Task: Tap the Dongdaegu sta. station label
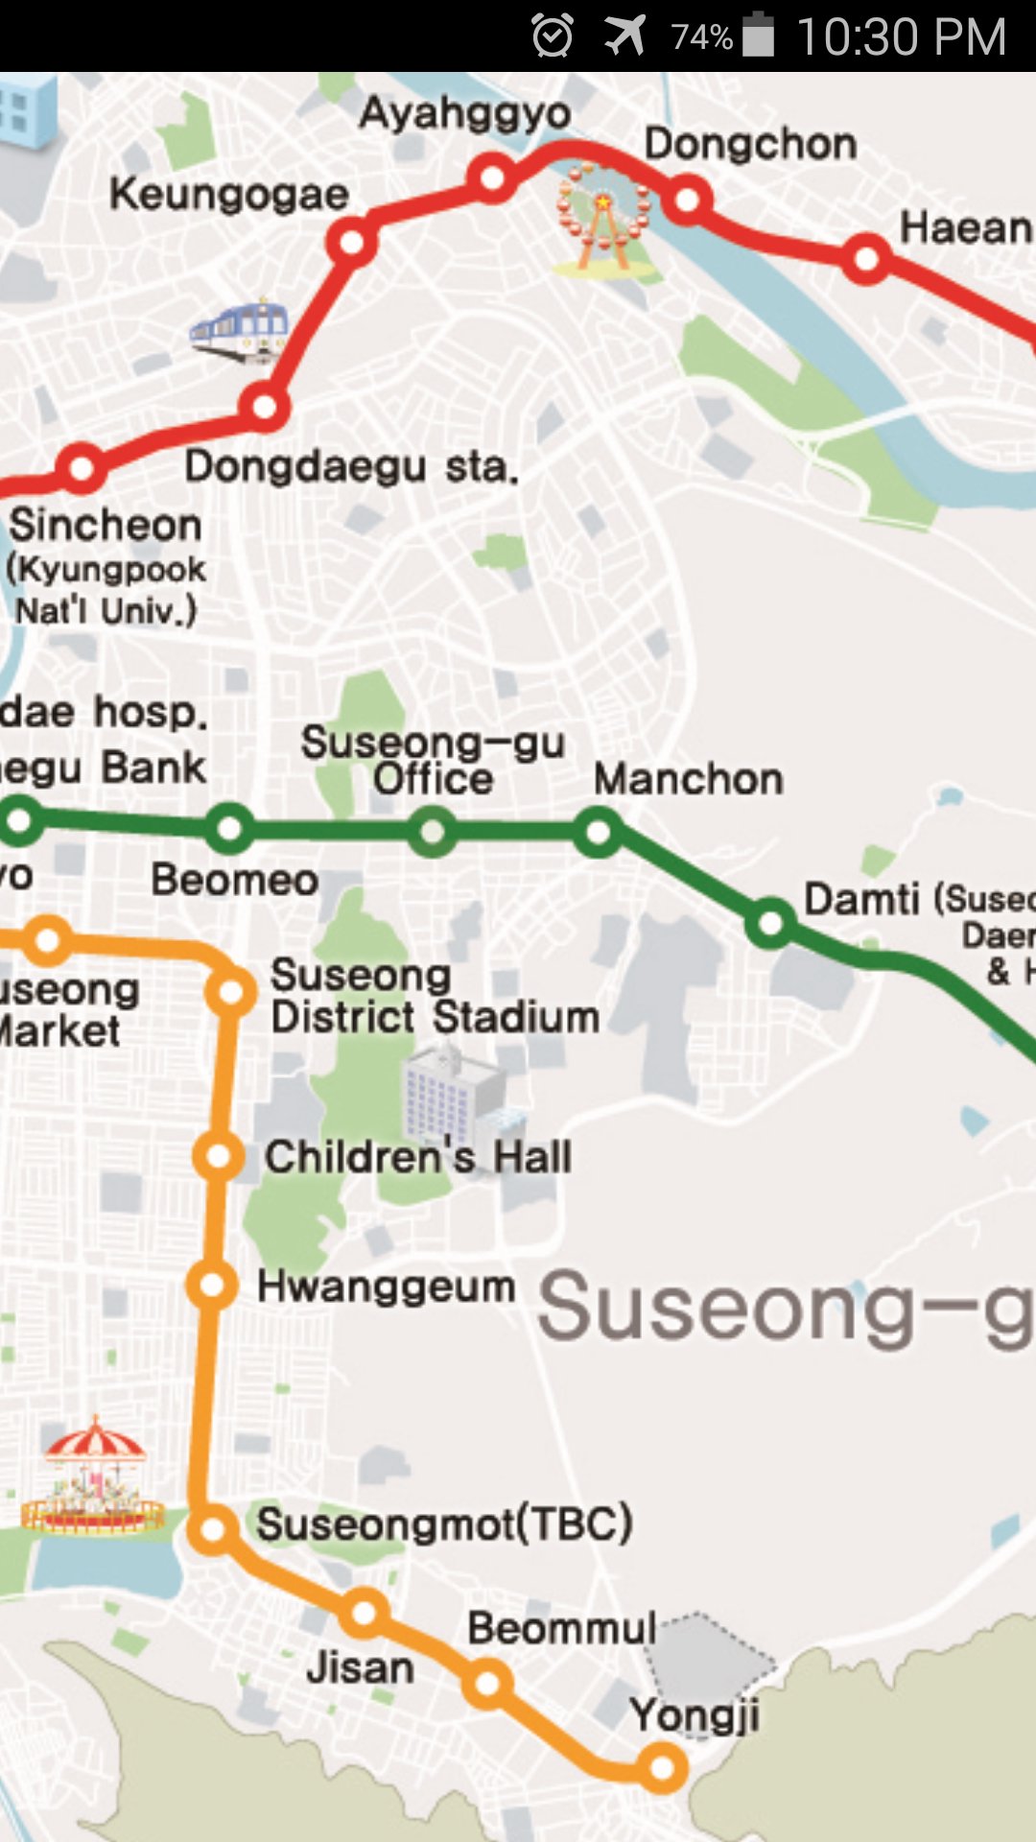(351, 467)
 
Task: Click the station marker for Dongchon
(688, 200)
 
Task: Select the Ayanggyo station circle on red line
(492, 177)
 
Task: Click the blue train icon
(240, 331)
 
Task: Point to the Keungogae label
(229, 195)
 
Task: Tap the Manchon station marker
(598, 832)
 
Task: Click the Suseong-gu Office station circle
(433, 832)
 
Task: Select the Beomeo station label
(235, 880)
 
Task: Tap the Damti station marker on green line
(770, 923)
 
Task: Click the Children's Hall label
(418, 1157)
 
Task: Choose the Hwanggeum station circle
(212, 1285)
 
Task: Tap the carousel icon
(93, 1477)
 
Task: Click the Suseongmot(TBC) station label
(444, 1523)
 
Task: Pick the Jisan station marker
(364, 1613)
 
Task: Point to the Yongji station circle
(663, 1767)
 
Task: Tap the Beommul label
(562, 1628)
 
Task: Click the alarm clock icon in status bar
(553, 36)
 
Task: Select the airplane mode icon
(624, 36)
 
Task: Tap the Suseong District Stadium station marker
(231, 992)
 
